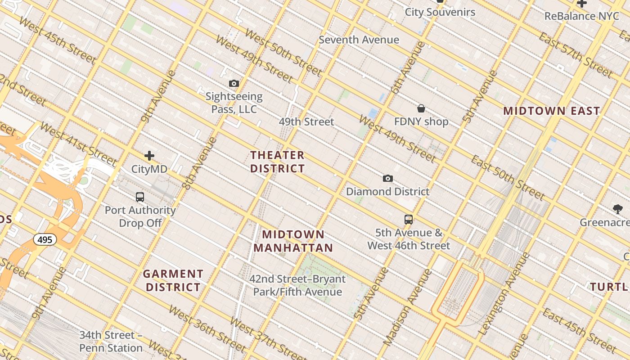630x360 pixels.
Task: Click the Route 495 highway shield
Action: pyautogui.click(x=45, y=239)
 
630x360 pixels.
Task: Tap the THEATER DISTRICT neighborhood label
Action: pyautogui.click(x=278, y=162)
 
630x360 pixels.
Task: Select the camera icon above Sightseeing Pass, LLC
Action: pyautogui.click(x=234, y=83)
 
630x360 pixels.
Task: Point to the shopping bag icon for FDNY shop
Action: pyautogui.click(x=421, y=108)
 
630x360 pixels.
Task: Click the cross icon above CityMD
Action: pyautogui.click(x=149, y=156)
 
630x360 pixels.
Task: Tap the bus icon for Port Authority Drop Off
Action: pyautogui.click(x=140, y=197)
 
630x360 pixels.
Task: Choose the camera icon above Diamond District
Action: pyautogui.click(x=388, y=178)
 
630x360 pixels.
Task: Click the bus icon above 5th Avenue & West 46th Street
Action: pyautogui.click(x=409, y=220)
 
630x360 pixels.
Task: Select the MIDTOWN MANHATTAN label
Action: pyautogui.click(x=293, y=241)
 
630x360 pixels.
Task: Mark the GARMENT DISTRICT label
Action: pyautogui.click(x=173, y=280)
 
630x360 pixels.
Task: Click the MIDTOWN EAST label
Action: pyautogui.click(x=552, y=111)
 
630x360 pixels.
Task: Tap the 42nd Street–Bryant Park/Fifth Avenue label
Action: pyautogui.click(x=297, y=285)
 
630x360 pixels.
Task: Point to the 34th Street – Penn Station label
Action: pyautogui.click(x=111, y=342)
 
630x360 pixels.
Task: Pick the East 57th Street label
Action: pyautogui.click(x=576, y=55)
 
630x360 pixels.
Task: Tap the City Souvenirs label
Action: pyautogui.click(x=440, y=12)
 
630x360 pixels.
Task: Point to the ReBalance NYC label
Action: pyautogui.click(x=582, y=16)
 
